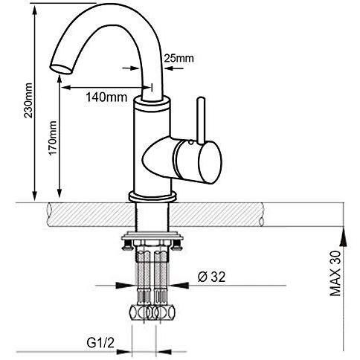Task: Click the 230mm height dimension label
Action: click(28, 100)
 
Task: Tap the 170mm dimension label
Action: click(52, 138)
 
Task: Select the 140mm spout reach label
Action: click(106, 97)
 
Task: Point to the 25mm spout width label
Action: click(179, 58)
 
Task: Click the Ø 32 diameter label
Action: click(212, 277)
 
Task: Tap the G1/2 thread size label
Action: click(100, 343)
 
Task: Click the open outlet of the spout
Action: click(62, 68)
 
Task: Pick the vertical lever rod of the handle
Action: click(201, 120)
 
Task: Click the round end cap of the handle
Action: click(210, 162)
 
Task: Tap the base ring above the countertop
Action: click(152, 196)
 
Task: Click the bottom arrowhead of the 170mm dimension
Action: click(60, 192)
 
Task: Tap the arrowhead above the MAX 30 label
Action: click(343, 237)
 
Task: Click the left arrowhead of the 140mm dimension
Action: click(66, 87)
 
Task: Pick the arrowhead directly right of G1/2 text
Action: click(123, 352)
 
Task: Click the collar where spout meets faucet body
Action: click(152, 103)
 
